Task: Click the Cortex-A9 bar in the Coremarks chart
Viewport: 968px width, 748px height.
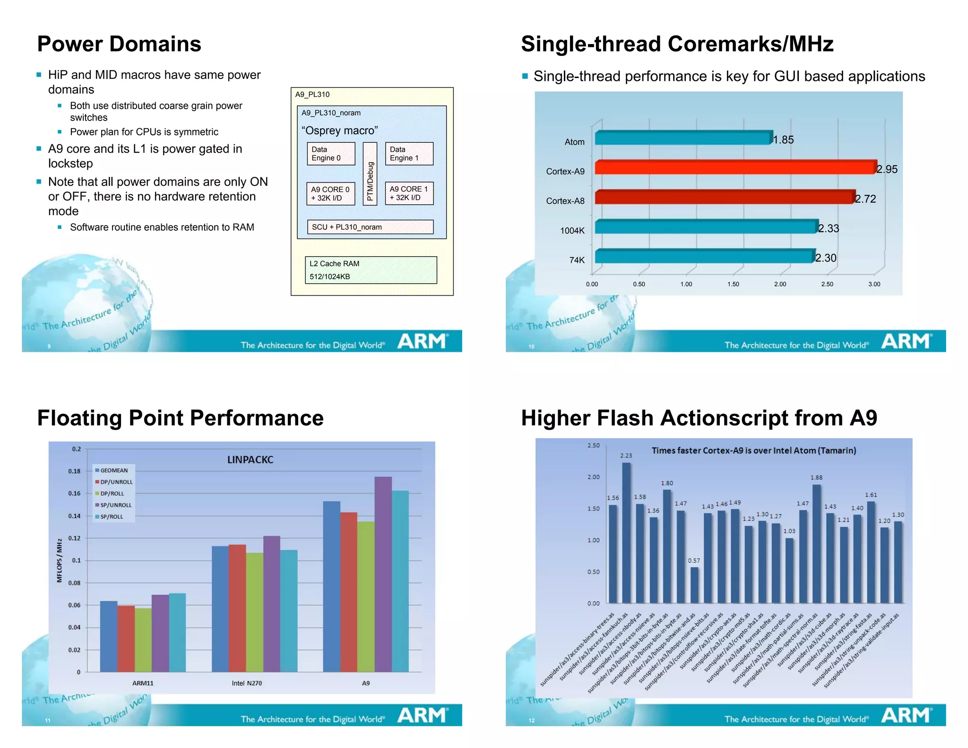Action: pos(735,167)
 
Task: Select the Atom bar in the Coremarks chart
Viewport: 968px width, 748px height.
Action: pos(683,138)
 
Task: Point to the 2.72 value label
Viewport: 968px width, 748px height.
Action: pos(865,199)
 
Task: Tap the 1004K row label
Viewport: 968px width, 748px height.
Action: pos(572,231)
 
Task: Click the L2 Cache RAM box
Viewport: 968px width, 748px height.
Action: pos(371,270)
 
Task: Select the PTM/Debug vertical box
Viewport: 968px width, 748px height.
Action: pos(370,174)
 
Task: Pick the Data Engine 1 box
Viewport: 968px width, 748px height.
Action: pos(409,154)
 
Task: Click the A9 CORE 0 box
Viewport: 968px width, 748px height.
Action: pos(330,193)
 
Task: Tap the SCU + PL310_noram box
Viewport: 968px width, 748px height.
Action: pos(370,227)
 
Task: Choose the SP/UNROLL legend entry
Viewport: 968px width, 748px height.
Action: pos(116,505)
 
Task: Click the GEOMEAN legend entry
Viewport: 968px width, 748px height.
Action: pos(114,470)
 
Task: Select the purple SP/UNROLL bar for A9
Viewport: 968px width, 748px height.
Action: pos(383,574)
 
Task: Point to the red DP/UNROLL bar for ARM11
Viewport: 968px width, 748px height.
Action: pos(126,638)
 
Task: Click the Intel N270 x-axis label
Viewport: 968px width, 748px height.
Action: pos(247,683)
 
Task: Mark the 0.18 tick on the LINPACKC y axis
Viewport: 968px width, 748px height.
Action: pos(75,471)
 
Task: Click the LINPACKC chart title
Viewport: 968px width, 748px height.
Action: pos(250,460)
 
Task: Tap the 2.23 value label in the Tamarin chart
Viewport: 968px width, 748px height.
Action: pos(626,455)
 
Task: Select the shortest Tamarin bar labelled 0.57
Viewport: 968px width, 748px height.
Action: pos(694,585)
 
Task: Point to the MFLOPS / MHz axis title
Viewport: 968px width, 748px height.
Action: pos(60,560)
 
